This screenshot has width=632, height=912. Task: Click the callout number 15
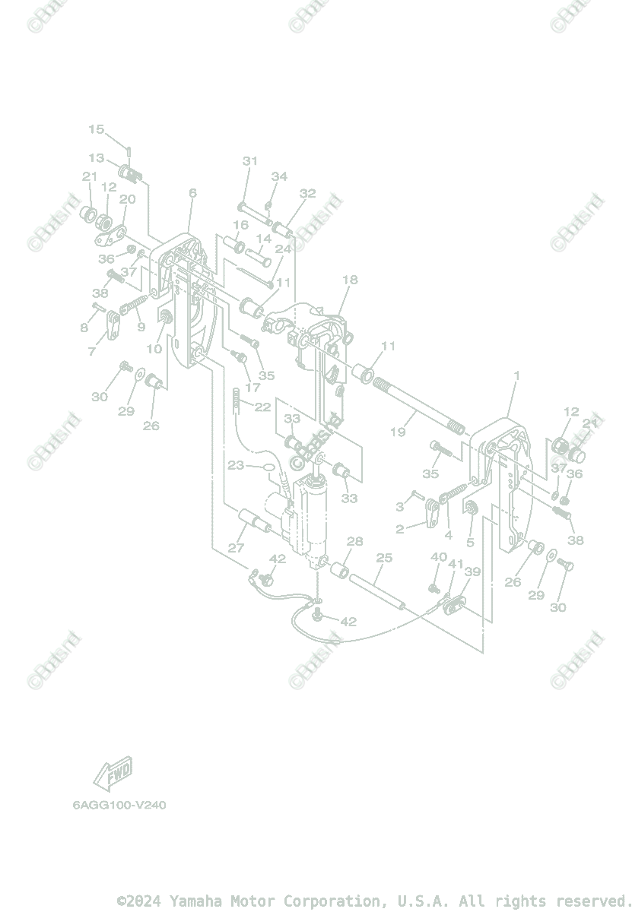coord(96,129)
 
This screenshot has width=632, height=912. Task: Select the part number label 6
coord(192,193)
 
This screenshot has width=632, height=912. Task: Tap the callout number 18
coord(349,280)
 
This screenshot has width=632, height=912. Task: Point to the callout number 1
coord(517,375)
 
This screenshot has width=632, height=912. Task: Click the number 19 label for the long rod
coord(398,432)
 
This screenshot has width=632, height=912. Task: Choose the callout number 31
coord(250,161)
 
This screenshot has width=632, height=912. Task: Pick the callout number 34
coord(279,176)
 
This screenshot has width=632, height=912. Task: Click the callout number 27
coord(236,548)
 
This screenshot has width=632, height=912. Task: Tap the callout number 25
coord(384,558)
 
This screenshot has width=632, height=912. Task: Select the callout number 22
coord(262,407)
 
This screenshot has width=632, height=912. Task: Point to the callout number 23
coord(236,465)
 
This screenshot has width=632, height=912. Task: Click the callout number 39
coord(472,572)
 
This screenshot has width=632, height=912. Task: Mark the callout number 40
coord(439,557)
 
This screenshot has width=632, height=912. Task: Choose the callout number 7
coord(92,351)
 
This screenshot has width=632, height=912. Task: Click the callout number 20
coord(127,199)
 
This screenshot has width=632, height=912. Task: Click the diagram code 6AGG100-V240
coord(119,805)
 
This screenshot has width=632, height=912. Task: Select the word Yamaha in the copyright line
coord(192,901)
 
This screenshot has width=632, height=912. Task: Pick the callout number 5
coord(470,543)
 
